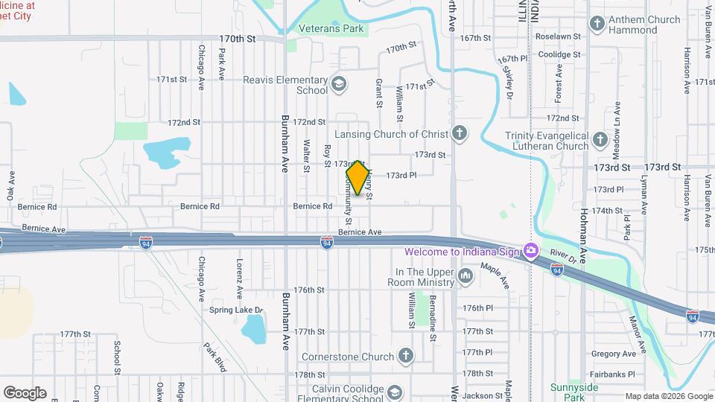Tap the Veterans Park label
click(x=331, y=29)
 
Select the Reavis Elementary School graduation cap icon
click(x=340, y=83)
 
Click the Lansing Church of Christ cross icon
click(x=460, y=134)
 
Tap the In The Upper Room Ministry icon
click(x=466, y=277)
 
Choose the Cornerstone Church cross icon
click(x=406, y=354)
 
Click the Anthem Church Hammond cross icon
click(x=596, y=25)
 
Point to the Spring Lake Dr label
click(x=236, y=310)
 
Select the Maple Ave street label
click(x=495, y=276)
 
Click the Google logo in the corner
click(x=25, y=392)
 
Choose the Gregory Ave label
click(x=613, y=354)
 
